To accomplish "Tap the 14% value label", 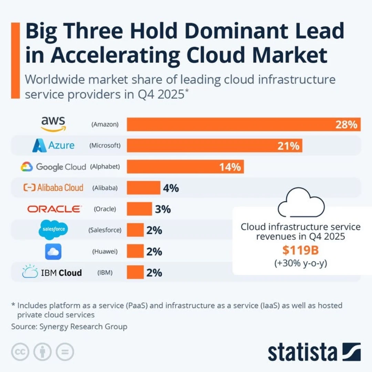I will tap(230, 167).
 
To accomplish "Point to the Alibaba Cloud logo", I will tap(53, 188).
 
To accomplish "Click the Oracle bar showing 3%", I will tap(139, 209).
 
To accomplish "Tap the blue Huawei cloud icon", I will tap(53, 252).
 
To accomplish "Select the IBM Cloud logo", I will tap(52, 272).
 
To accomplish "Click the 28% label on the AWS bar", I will tap(346, 124).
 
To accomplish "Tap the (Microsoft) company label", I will tap(105, 146).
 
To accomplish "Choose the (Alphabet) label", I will tap(105, 167).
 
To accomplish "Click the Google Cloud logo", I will tap(53, 167).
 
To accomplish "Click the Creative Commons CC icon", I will tap(20, 352).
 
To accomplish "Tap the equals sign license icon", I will tap(64, 352).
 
